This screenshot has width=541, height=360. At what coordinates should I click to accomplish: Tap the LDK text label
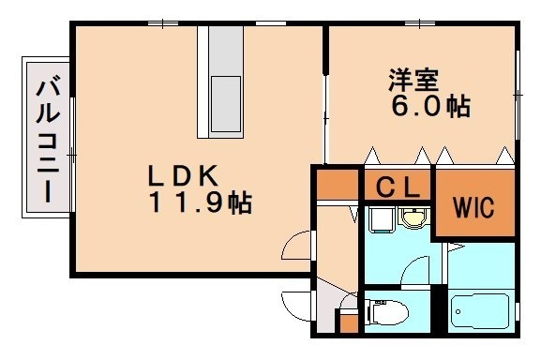(182, 175)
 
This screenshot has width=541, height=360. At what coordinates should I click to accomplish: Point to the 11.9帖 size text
(198, 202)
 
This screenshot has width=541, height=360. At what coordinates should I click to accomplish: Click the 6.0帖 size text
(429, 107)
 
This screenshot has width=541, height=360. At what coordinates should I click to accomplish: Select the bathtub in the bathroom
(480, 309)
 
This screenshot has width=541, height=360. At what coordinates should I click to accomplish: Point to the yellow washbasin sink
(413, 219)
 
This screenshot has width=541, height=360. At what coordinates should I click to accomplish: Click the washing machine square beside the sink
(379, 220)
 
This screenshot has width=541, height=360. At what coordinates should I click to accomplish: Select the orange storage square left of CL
(336, 184)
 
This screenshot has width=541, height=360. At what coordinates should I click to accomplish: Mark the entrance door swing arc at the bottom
(298, 305)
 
